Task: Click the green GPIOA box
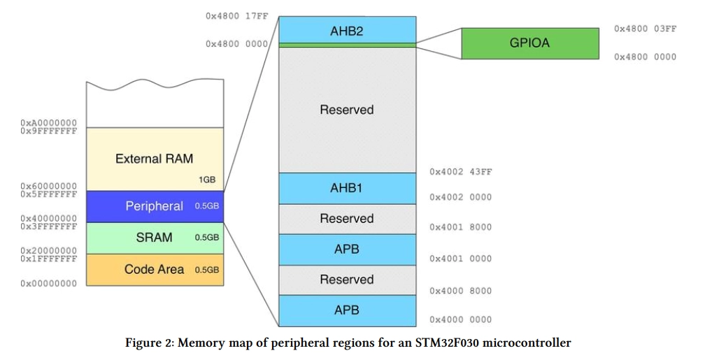click(530, 43)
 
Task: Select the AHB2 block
click(347, 29)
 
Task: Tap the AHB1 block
click(347, 188)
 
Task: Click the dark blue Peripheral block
click(155, 206)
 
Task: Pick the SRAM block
click(155, 238)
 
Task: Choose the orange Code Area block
click(155, 270)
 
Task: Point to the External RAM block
click(155, 159)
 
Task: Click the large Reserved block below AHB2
click(347, 110)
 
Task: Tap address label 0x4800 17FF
click(237, 16)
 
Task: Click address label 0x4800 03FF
click(646, 29)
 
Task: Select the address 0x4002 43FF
click(461, 172)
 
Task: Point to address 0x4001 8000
click(461, 227)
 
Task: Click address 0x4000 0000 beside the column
click(461, 319)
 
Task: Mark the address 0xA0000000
click(48, 123)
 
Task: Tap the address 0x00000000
click(48, 284)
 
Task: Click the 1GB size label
click(207, 180)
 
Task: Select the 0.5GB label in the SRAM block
click(207, 238)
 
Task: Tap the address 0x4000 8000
click(461, 291)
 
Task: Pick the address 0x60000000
click(48, 186)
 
